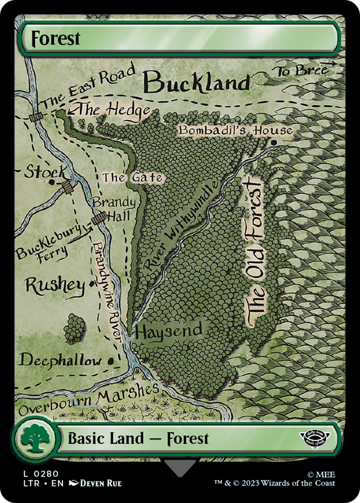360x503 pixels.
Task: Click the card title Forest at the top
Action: click(x=56, y=39)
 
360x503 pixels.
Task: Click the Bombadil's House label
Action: click(x=235, y=130)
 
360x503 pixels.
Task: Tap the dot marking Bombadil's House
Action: click(x=274, y=143)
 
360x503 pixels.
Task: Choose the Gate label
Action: click(x=132, y=178)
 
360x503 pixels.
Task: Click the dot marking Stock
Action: click(x=52, y=182)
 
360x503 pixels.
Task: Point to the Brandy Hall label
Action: click(x=114, y=208)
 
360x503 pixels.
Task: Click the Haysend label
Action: click(x=168, y=331)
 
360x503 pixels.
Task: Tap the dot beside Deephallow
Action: click(x=111, y=360)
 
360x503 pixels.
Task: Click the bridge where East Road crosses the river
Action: click(x=35, y=117)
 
